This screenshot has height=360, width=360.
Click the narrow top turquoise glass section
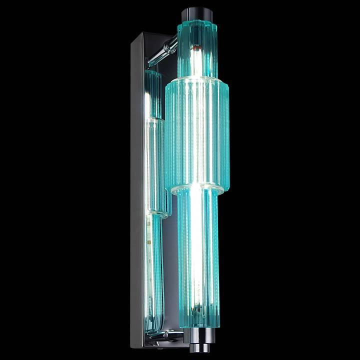[196, 50]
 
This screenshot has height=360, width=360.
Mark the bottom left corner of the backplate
[132, 345]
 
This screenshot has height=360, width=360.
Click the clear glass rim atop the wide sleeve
[196, 78]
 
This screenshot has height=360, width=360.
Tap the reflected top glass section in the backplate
[153, 92]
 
